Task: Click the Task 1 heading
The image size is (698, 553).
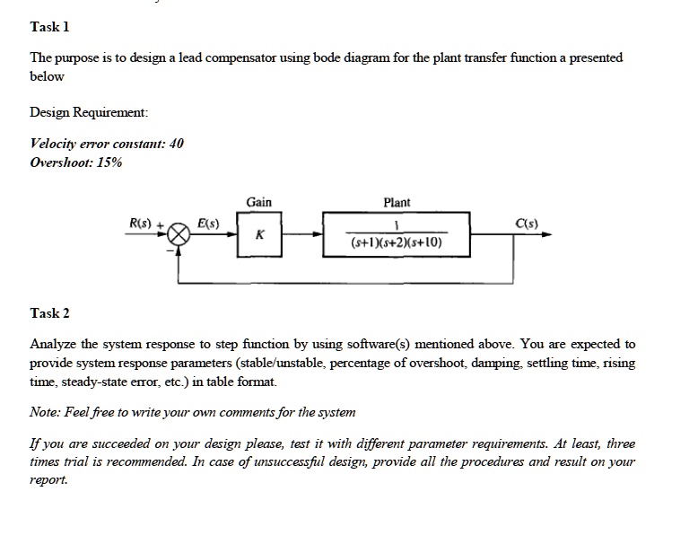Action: click(49, 27)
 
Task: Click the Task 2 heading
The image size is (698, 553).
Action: click(49, 313)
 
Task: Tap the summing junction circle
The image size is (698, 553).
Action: click(179, 234)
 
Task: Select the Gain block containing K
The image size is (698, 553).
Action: click(259, 234)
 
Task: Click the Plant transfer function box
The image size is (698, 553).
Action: click(397, 234)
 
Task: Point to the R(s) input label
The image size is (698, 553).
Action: click(140, 223)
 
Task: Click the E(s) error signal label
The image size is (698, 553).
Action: click(208, 223)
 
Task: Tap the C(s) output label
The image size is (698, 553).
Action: click(527, 223)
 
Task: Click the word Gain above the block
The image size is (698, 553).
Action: click(259, 202)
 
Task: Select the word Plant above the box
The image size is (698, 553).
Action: click(397, 203)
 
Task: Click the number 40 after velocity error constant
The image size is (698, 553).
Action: click(176, 144)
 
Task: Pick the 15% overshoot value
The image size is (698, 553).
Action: click(109, 162)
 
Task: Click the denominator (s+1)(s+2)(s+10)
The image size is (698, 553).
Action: click(397, 242)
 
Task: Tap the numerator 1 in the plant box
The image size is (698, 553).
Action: click(397, 225)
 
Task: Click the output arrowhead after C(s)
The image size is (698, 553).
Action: click(547, 234)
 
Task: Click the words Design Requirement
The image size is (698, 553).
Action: click(88, 112)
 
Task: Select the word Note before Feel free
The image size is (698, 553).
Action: click(44, 412)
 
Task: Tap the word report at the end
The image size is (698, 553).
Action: click(48, 480)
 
